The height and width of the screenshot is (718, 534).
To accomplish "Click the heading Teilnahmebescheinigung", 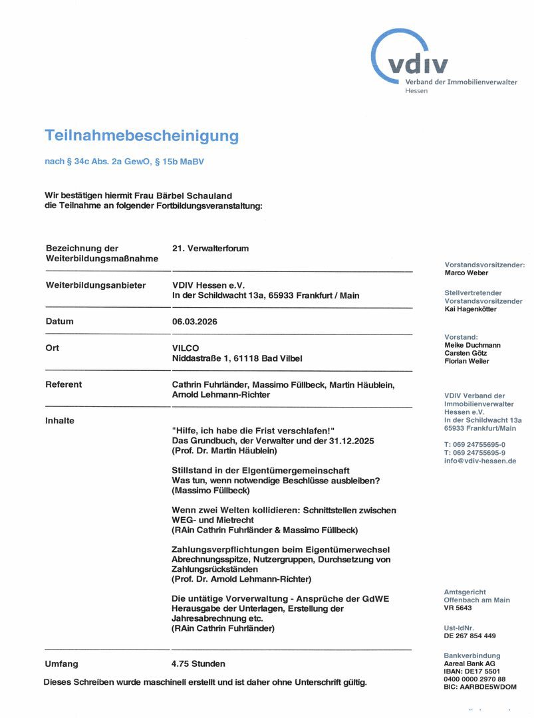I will coord(141,136).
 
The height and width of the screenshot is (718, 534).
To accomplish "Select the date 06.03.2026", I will coord(194,322).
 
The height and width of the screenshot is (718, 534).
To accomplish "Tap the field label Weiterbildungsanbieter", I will coord(95,285).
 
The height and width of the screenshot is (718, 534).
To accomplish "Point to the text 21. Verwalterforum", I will coord(210,249).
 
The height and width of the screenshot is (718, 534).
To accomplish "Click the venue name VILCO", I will coord(185,348).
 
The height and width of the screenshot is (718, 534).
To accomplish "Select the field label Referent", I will coord(64,384).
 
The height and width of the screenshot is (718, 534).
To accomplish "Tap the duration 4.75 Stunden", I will coord(198,663).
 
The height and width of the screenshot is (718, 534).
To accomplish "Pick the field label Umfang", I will coord(61,663).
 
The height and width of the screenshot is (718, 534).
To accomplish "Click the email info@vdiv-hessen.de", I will coord(480,461).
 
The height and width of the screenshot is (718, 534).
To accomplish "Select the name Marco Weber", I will coord(466,273).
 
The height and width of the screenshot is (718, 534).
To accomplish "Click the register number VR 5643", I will coord(458,608).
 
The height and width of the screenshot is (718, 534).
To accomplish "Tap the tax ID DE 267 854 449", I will coord(469,636).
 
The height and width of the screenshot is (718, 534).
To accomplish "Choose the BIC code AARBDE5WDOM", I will coord(479,687).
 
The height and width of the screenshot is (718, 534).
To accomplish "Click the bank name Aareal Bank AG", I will coord(469,663).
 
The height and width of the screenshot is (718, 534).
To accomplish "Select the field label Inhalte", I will coord(60,421).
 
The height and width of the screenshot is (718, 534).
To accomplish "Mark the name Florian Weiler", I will coord(467,361).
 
